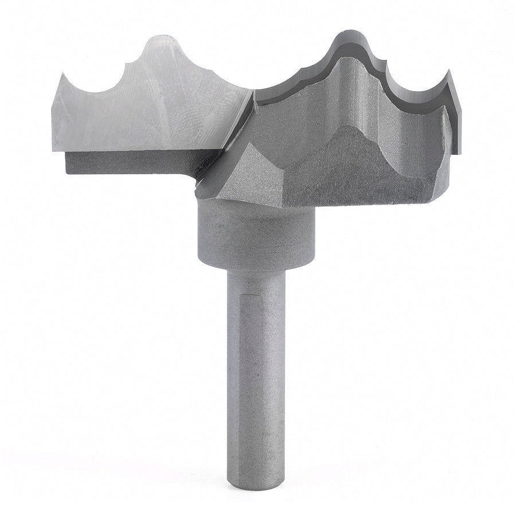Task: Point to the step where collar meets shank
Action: pos(256,268)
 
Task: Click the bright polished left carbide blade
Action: pos(149,109)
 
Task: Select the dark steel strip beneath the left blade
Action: pos(126,163)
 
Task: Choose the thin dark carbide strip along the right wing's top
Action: pos(298,86)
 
